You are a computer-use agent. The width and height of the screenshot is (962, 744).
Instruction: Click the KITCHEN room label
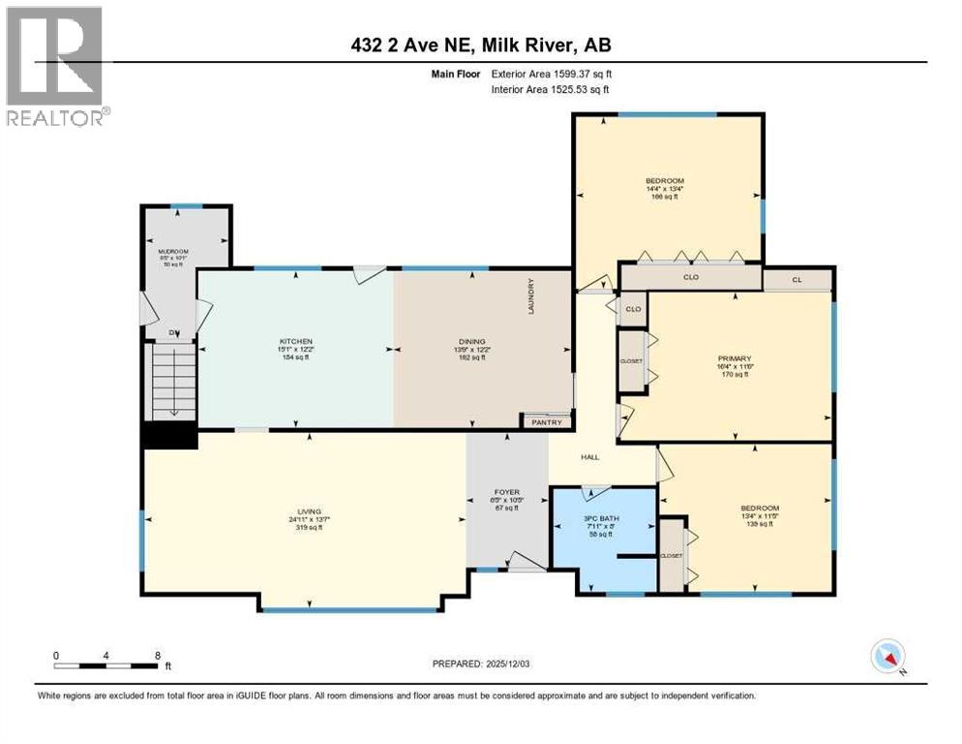click(x=295, y=342)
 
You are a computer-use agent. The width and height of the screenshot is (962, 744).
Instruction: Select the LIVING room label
click(x=310, y=511)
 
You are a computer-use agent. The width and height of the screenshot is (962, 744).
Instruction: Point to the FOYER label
click(x=507, y=491)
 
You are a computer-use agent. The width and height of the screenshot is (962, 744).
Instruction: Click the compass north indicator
click(x=888, y=656)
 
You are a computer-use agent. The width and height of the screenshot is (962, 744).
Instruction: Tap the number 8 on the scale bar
click(x=157, y=654)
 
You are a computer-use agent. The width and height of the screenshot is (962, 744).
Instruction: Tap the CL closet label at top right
click(x=797, y=279)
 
